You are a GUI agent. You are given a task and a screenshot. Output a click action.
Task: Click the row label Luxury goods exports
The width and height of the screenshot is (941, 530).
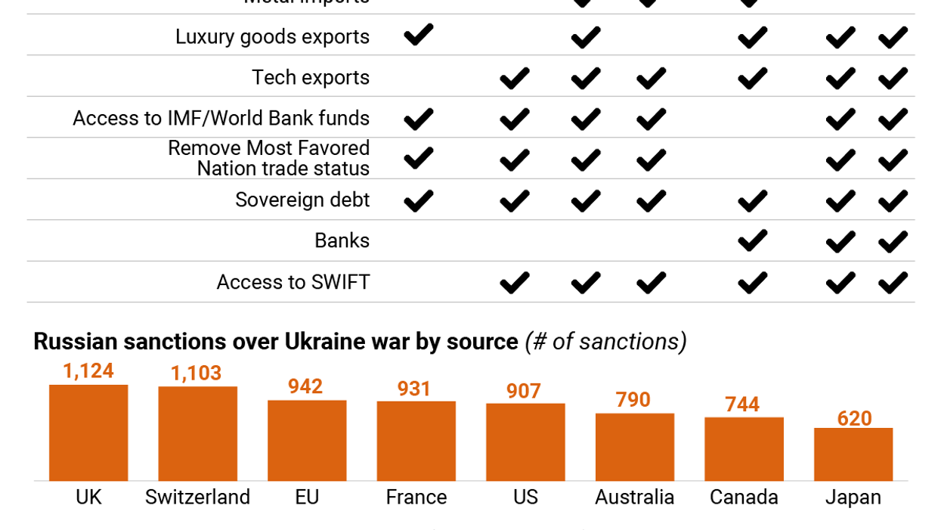[x=272, y=36]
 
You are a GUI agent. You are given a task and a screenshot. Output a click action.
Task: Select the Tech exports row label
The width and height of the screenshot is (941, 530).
[x=311, y=77]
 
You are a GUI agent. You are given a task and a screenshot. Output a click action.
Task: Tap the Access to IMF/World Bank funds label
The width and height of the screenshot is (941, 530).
[x=221, y=118]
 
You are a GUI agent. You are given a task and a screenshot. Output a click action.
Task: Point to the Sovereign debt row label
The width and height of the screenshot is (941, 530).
[x=302, y=200]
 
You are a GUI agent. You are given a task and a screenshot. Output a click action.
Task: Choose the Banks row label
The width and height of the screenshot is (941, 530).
[x=342, y=240]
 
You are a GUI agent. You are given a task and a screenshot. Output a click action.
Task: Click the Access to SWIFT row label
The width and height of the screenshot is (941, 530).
[x=293, y=282]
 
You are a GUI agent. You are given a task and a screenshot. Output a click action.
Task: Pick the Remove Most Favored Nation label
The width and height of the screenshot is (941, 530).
[x=268, y=158]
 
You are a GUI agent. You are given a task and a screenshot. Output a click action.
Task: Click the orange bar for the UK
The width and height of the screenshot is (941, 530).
[x=88, y=432]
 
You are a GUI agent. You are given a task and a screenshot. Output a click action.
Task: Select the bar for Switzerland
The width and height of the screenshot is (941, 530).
[x=197, y=433]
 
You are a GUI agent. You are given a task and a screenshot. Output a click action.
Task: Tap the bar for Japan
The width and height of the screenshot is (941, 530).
[x=853, y=454]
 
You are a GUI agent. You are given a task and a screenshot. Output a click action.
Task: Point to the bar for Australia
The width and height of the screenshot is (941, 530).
[x=634, y=446]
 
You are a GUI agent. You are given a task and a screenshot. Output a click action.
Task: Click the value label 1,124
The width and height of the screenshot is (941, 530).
[x=88, y=371]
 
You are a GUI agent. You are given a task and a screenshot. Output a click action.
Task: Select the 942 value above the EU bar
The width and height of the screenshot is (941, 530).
[x=305, y=386]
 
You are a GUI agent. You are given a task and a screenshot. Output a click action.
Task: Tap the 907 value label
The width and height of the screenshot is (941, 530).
[x=524, y=391]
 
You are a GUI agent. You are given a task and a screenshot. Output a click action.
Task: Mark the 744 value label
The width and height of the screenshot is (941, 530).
[x=742, y=404]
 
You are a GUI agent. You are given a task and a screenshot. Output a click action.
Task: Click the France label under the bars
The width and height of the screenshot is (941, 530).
[x=416, y=497]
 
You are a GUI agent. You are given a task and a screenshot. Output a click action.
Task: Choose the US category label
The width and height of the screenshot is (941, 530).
[x=525, y=497]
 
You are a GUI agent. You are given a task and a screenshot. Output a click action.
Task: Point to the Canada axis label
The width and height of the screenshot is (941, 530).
[x=744, y=497]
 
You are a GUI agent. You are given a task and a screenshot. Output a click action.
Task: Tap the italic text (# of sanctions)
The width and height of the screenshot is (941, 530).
[x=605, y=342]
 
